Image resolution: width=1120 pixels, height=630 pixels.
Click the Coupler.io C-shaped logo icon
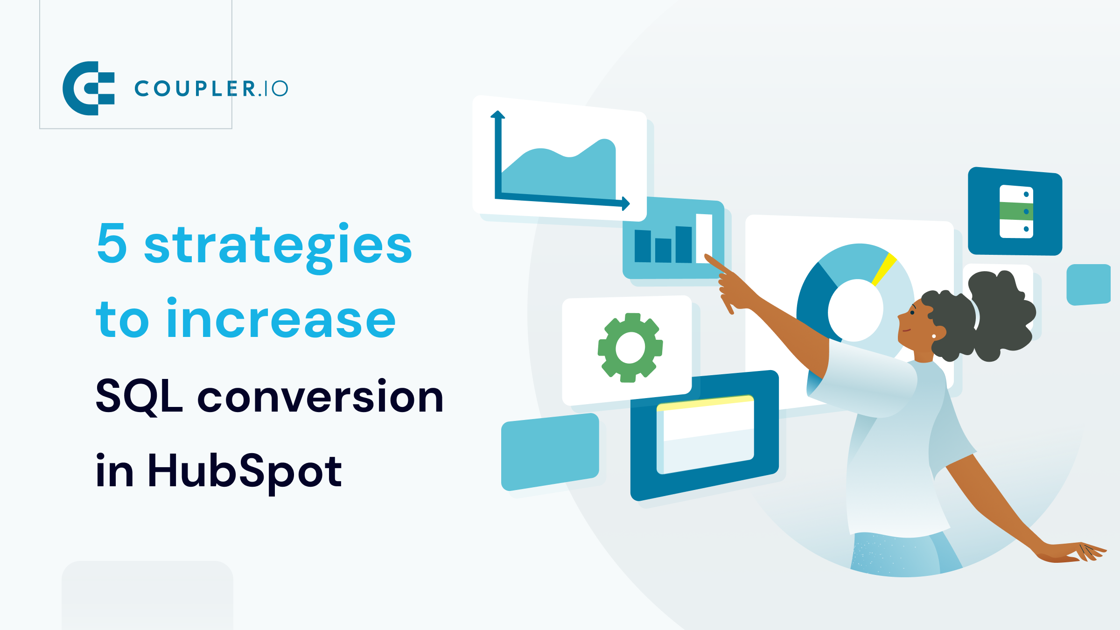(88, 88)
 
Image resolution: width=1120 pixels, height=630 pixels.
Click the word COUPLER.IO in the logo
(211, 89)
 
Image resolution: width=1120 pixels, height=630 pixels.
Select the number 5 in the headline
(112, 243)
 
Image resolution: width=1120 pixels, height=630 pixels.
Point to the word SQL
(138, 397)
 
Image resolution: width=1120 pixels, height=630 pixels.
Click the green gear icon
(630, 348)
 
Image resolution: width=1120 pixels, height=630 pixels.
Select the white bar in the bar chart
(704, 238)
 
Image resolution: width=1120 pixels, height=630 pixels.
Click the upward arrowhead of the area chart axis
(497, 114)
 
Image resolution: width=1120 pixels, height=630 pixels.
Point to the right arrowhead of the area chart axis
(626, 203)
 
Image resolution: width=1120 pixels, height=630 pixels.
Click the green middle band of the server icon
(1016, 211)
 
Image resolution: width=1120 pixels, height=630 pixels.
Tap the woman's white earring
(934, 336)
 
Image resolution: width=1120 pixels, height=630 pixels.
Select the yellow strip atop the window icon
(705, 403)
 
